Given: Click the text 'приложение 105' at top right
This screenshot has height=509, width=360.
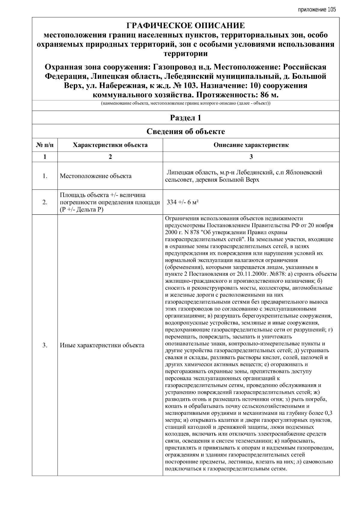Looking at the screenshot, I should pyautogui.click(x=317, y=10).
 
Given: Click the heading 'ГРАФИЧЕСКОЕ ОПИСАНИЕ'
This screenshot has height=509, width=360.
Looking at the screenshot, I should pyautogui.click(x=185, y=25).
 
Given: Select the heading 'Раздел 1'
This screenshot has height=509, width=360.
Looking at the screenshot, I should pyautogui.click(x=185, y=118).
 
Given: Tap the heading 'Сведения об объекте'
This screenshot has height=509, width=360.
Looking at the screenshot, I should pyautogui.click(x=185, y=132).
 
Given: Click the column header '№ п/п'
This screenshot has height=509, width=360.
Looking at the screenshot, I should pyautogui.click(x=45, y=145).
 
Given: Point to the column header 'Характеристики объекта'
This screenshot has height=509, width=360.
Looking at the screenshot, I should pyautogui.click(x=110, y=145).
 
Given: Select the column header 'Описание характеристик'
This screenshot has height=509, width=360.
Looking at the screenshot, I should pyautogui.click(x=251, y=145).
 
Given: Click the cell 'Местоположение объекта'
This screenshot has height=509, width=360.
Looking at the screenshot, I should pyautogui.click(x=95, y=176).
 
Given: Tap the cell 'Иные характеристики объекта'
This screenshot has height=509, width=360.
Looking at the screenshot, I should pyautogui.click(x=102, y=345).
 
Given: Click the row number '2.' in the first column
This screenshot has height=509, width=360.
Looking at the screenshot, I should pyautogui.click(x=45, y=202).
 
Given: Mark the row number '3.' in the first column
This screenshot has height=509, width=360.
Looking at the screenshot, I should pyautogui.click(x=45, y=345).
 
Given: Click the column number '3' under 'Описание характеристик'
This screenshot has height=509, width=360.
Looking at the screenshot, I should pyautogui.click(x=251, y=156).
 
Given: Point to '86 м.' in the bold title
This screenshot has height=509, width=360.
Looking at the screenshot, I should pyautogui.click(x=268, y=95).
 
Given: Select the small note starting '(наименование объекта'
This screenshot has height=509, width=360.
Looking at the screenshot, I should pyautogui.click(x=185, y=104).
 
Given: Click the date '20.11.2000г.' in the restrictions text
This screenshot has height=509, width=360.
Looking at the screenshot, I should pyautogui.click(x=252, y=274).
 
